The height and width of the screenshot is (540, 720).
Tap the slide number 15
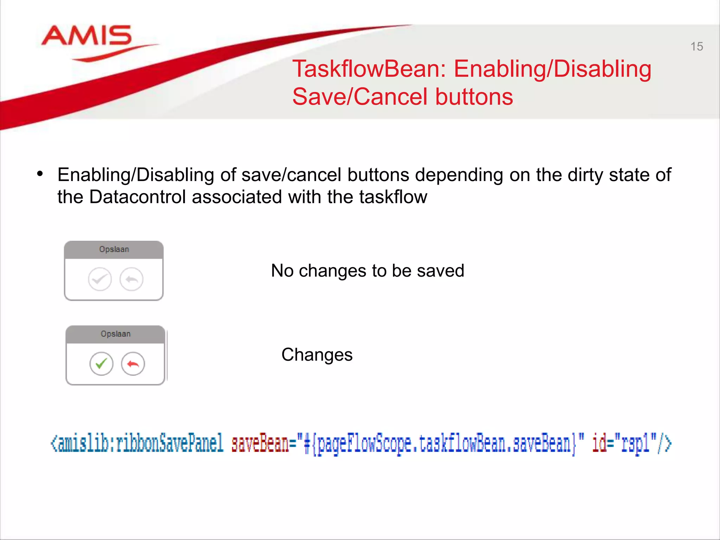[696, 46]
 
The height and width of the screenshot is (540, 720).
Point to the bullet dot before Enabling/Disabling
[40, 174]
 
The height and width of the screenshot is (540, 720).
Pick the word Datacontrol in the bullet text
[137, 197]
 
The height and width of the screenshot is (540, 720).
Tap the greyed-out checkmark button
[100, 279]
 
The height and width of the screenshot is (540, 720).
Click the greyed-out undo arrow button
[131, 279]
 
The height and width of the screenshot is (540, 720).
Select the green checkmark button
[101, 364]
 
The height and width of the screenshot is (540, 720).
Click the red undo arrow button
[133, 364]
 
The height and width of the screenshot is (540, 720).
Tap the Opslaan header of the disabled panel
[114, 250]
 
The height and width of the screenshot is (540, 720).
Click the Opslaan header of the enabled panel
[116, 334]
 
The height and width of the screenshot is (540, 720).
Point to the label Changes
[317, 355]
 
